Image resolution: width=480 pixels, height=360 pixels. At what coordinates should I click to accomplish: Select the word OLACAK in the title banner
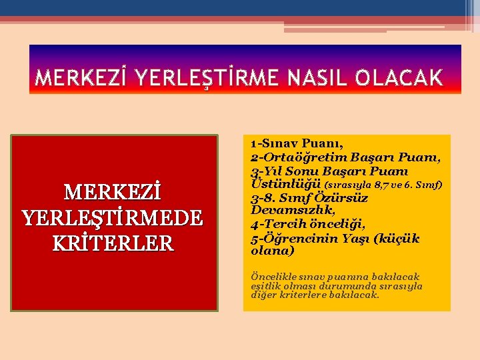[399, 79]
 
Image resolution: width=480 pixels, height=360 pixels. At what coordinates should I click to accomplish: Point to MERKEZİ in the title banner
[81, 79]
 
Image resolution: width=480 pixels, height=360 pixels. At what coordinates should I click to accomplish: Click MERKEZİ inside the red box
[114, 193]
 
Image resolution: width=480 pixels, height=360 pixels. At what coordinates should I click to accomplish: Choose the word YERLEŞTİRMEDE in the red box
[114, 218]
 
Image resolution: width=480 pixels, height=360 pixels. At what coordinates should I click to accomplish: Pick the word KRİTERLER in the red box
[114, 243]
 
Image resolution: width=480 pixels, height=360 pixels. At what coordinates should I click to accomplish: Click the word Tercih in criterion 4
[283, 224]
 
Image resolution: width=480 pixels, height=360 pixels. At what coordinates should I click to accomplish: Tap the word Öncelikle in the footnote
[271, 277]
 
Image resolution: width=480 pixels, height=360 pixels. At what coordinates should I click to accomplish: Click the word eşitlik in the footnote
[266, 286]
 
